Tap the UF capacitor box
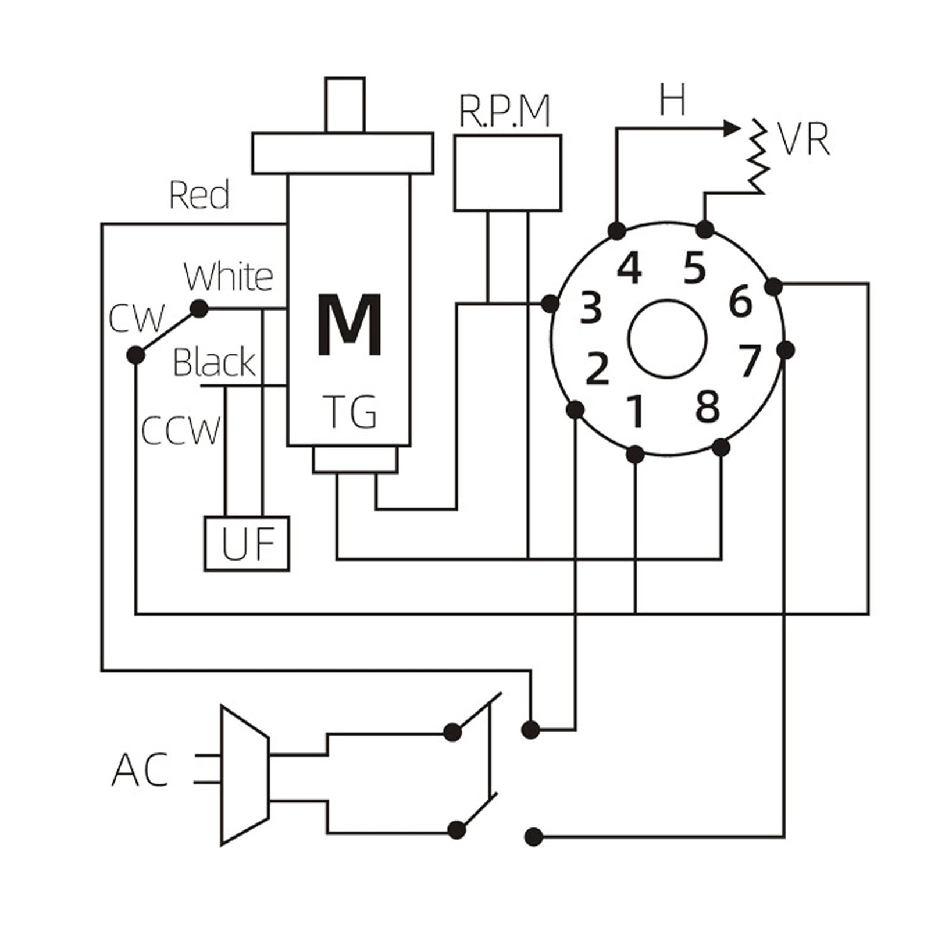tap(247, 544)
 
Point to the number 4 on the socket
tap(629, 268)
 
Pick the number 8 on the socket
tap(708, 406)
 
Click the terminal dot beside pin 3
tap(550, 303)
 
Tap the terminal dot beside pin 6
tap(773, 286)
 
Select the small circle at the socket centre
tap(668, 338)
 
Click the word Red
tap(199, 195)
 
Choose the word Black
tap(215, 362)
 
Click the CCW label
tap(181, 430)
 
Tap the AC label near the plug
tap(140, 769)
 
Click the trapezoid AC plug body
tap(245, 775)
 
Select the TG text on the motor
tap(350, 411)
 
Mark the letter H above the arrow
tap(673, 99)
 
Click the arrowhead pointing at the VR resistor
tap(731, 129)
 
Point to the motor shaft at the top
tap(345, 105)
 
